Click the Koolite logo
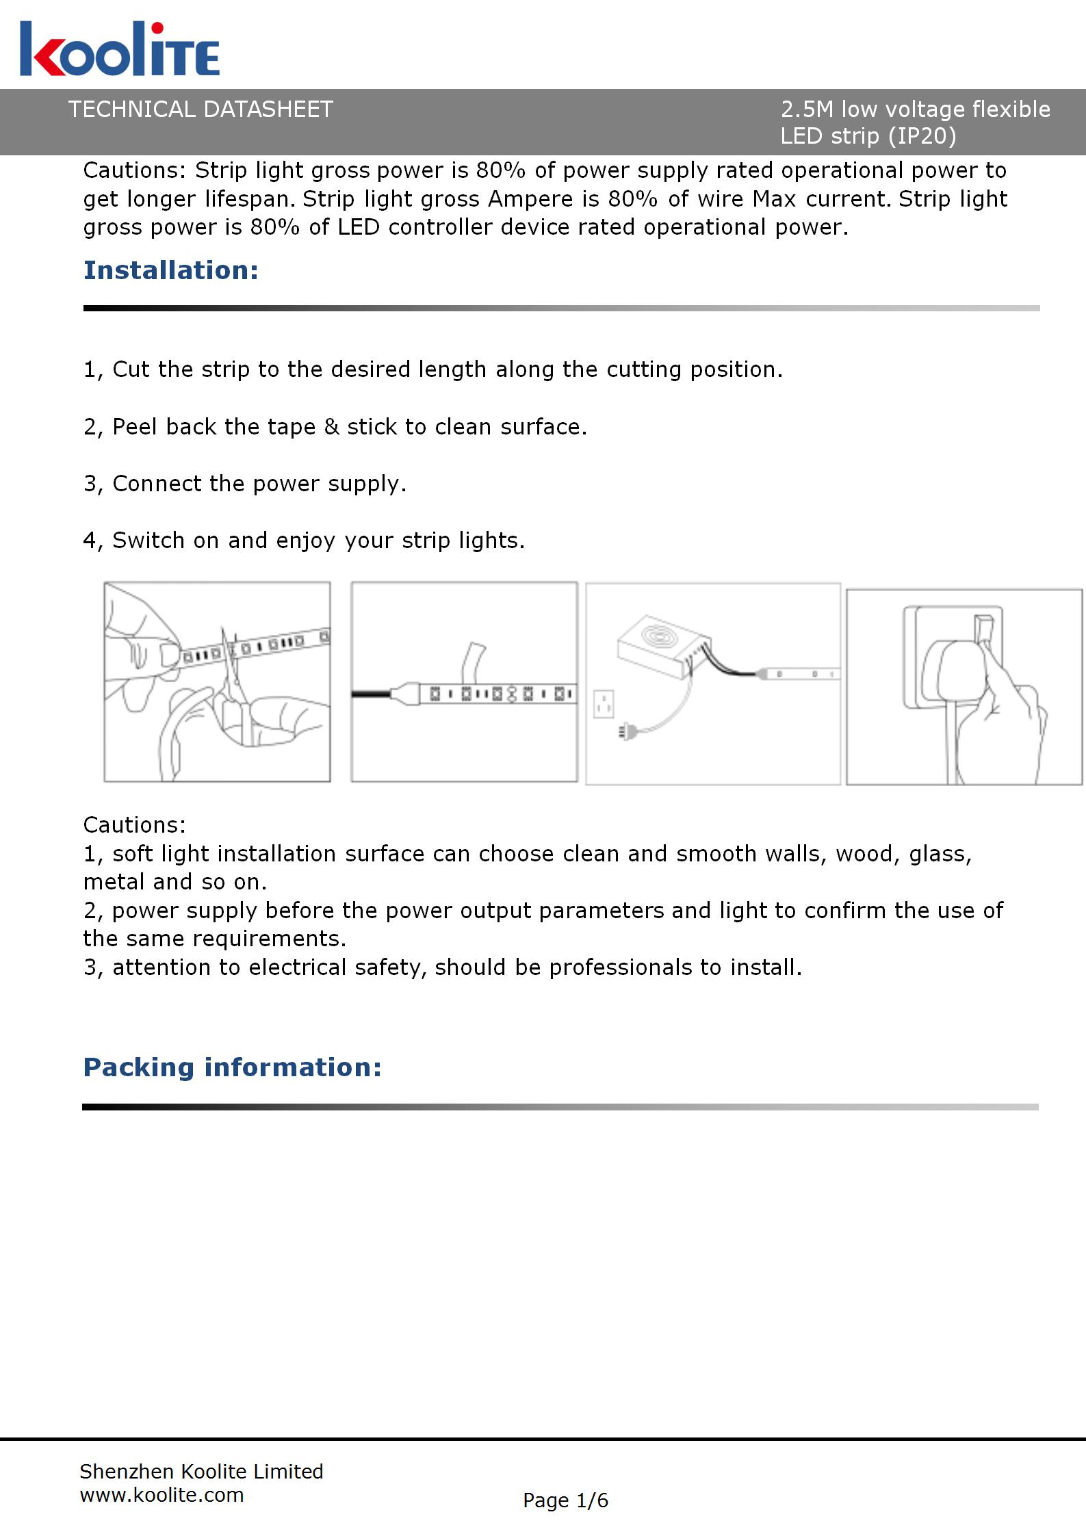(x=120, y=49)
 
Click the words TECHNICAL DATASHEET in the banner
(x=201, y=109)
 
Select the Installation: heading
(x=171, y=270)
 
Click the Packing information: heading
(x=232, y=1067)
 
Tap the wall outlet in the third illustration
(x=604, y=703)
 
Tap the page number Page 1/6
(x=565, y=1500)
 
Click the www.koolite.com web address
(x=161, y=1494)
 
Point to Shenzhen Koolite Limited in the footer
(x=201, y=1471)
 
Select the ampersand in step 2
(x=331, y=427)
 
